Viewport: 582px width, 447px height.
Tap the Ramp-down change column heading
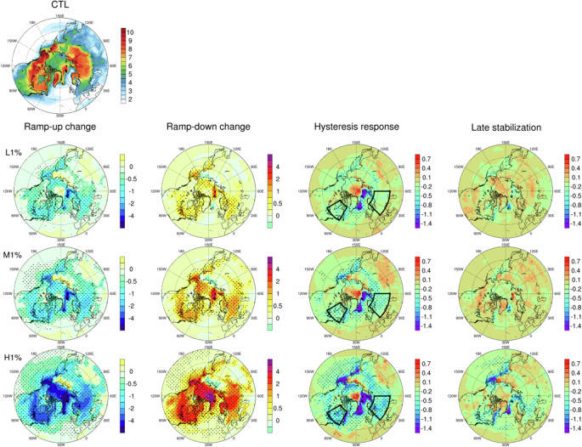coord(212,127)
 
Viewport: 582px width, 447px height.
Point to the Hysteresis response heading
coord(363,127)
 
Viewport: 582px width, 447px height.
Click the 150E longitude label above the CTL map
coord(59,16)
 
